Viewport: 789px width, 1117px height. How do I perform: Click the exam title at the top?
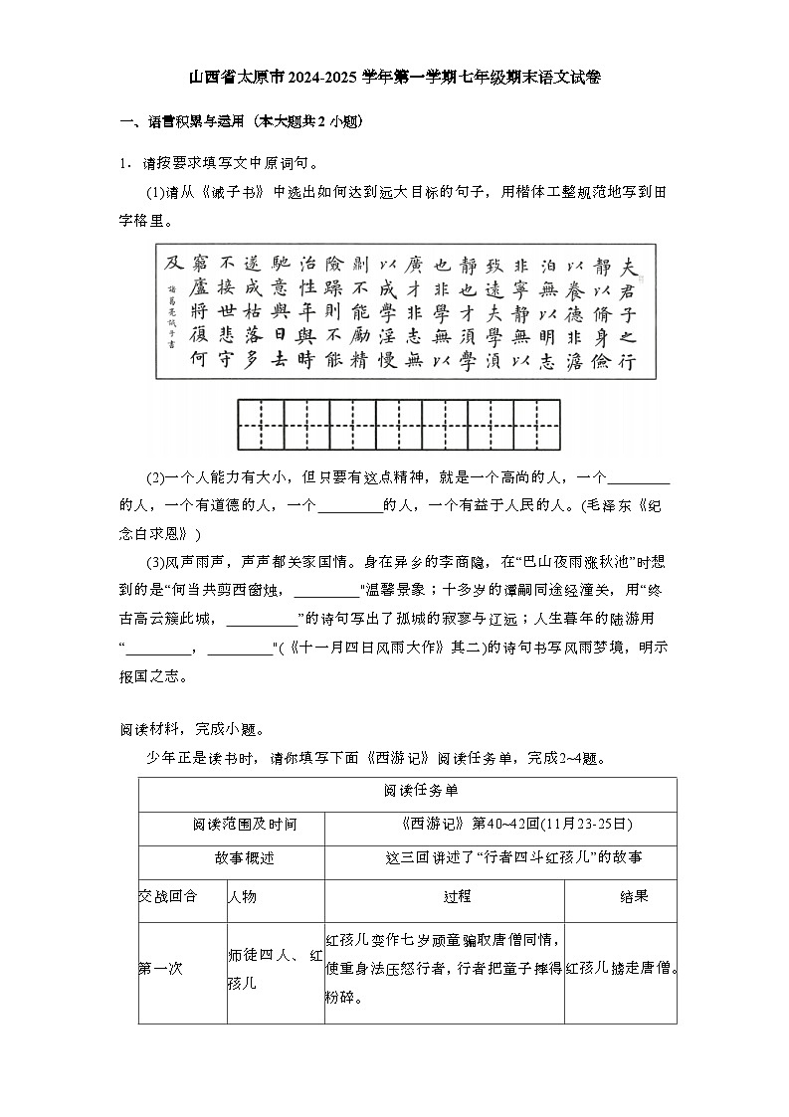pos(394,77)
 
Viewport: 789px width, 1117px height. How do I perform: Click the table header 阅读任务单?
pos(407,792)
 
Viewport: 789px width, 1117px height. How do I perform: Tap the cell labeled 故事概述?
pos(231,858)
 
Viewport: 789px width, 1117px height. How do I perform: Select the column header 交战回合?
pos(168,897)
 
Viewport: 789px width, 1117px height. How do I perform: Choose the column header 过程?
pos(444,897)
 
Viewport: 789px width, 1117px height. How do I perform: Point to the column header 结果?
pos(620,897)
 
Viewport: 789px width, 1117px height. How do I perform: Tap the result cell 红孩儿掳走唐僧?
pos(620,968)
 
